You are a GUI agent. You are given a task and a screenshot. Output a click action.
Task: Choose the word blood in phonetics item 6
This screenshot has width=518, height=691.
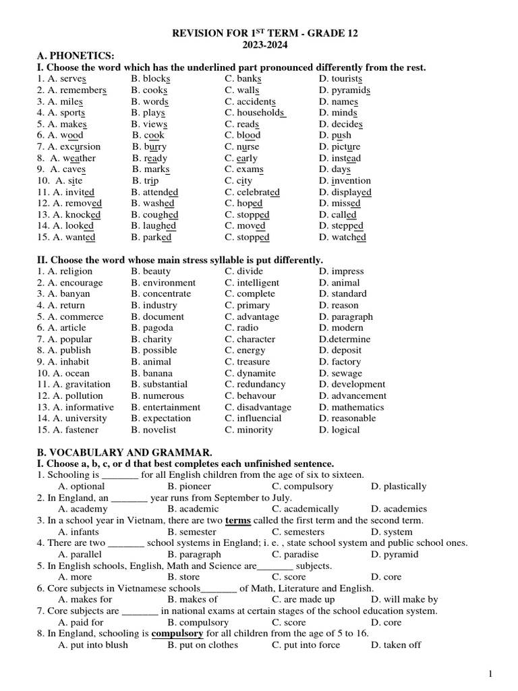[x=248, y=136]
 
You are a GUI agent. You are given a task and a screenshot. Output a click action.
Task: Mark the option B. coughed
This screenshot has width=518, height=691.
[x=155, y=215]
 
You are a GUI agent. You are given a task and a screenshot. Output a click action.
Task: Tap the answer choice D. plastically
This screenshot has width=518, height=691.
[x=399, y=487]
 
